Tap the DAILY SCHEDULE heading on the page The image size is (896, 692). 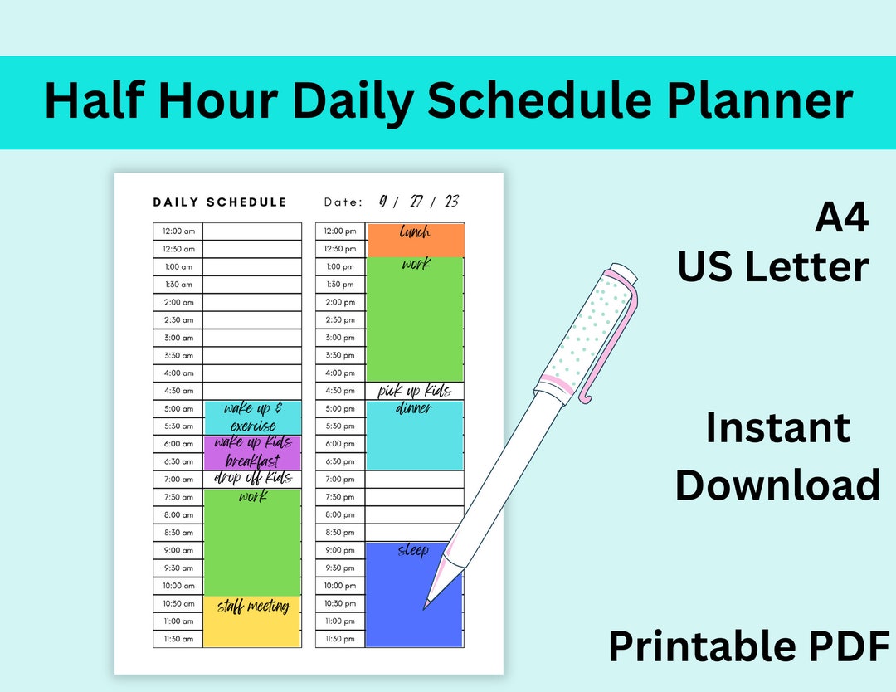pos(220,202)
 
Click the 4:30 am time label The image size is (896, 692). pos(178,391)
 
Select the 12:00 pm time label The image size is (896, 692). pos(340,231)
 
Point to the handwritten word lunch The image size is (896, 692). pos(415,232)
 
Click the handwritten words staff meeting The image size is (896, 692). pos(253,607)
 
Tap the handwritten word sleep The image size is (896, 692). pos(413,550)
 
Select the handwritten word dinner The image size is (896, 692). pos(413,408)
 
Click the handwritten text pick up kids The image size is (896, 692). pos(415,391)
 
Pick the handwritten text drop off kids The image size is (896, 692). pos(252,479)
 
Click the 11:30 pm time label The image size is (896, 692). pos(340,639)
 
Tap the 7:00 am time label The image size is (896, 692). pos(178,480)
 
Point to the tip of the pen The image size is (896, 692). pos(426,607)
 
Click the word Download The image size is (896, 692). pos(777,485)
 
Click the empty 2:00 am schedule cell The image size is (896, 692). pos(252,302)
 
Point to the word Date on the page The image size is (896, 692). pos(343,202)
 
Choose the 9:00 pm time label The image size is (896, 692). pos(340,550)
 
